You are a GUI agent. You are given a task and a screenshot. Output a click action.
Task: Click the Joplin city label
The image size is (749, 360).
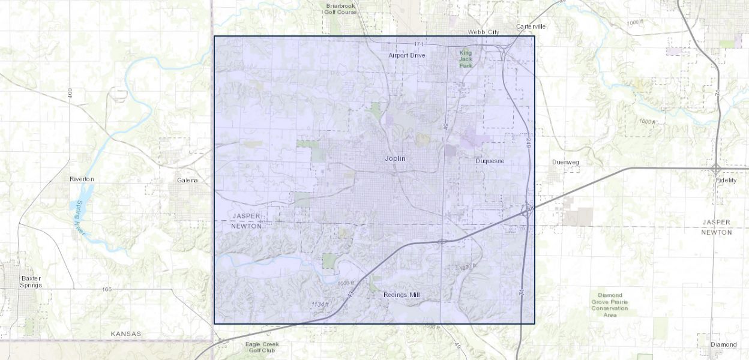pyautogui.click(x=395, y=158)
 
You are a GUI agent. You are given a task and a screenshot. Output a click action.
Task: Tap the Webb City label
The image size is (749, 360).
pyautogui.click(x=484, y=32)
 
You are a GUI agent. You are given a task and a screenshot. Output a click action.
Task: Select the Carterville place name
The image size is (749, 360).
pyautogui.click(x=531, y=26)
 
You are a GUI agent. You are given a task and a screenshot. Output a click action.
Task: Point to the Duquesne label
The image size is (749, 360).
pyautogui.click(x=490, y=161)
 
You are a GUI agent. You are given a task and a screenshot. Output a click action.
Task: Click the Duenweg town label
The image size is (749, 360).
pyautogui.click(x=565, y=162)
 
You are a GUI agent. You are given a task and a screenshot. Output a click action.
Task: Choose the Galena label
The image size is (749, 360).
pyautogui.click(x=187, y=180)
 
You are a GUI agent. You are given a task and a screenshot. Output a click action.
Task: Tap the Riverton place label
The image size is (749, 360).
pyautogui.click(x=82, y=179)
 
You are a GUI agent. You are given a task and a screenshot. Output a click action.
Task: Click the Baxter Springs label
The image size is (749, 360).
pyautogui.click(x=31, y=281)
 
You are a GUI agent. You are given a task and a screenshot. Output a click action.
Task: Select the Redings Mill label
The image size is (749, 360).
pyautogui.click(x=402, y=295)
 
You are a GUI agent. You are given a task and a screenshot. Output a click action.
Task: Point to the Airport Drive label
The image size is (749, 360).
pyautogui.click(x=406, y=55)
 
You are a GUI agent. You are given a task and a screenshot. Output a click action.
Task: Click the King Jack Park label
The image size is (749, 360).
pyautogui.click(x=466, y=59)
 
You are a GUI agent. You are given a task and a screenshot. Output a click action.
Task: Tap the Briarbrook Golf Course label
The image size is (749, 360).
pyautogui.click(x=341, y=8)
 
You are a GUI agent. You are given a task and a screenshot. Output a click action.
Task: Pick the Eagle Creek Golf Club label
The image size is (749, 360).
pyautogui.click(x=262, y=347)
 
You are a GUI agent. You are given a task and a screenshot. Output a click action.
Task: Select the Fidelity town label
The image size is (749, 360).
pyautogui.click(x=726, y=180)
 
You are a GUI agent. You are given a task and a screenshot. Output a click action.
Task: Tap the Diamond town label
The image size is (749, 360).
pyautogui.click(x=723, y=344)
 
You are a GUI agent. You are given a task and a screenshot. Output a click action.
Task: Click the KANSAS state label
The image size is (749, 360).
pyautogui.click(x=126, y=334)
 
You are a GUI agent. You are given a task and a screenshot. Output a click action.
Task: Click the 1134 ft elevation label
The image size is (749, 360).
pyautogui.click(x=320, y=305)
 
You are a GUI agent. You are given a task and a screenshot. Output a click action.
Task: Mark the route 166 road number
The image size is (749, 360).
pyautogui.click(x=107, y=289)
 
